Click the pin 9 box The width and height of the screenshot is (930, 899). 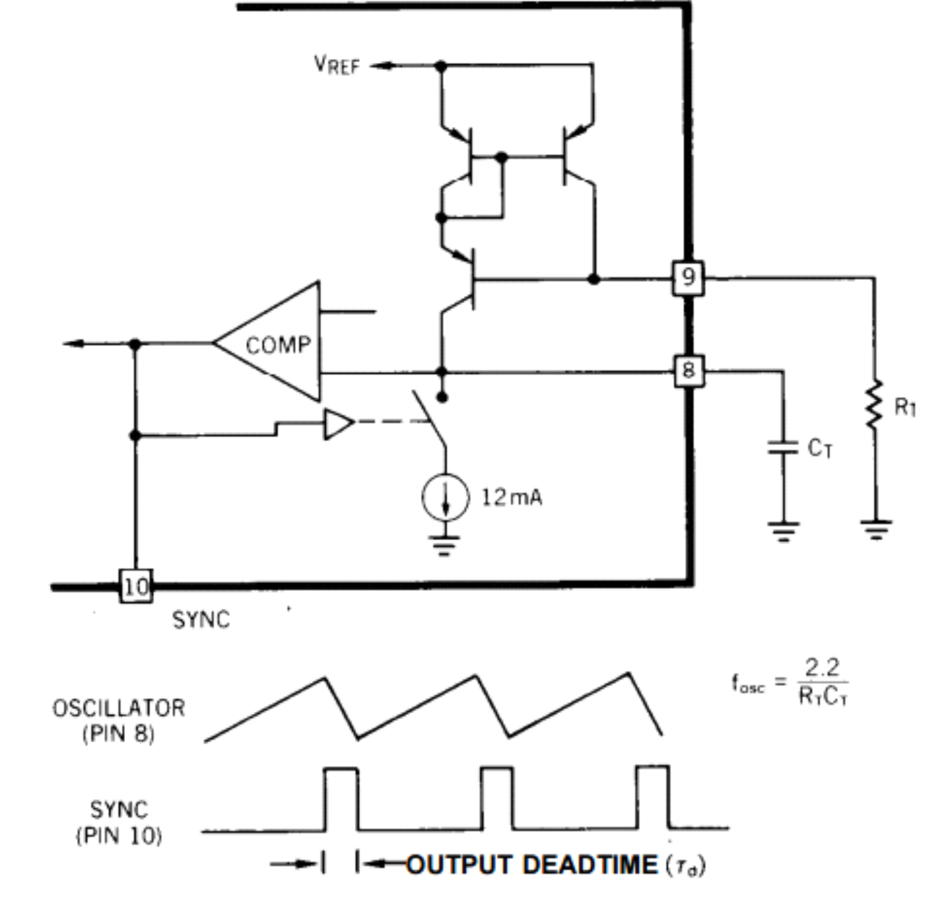coord(688,277)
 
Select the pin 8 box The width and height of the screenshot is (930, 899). coord(689,371)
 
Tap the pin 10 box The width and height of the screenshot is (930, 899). coord(136,586)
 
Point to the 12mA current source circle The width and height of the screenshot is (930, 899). coord(445,497)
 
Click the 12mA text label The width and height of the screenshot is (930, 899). coord(512,497)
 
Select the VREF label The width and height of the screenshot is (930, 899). coord(337,65)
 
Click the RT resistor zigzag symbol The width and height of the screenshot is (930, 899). coord(875,405)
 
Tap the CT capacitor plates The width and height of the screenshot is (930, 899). coord(783,448)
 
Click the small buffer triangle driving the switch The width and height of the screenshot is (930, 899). coord(338,424)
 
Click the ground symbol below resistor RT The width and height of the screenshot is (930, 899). coord(876,529)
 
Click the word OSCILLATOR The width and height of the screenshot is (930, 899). coord(119,708)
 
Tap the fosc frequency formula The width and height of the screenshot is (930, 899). coord(791,683)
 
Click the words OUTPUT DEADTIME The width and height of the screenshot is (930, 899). coord(532,865)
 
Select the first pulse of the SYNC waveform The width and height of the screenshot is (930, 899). coord(341,799)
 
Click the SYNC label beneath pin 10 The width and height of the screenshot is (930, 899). coord(201,620)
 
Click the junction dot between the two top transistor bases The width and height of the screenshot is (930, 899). coord(502,157)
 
